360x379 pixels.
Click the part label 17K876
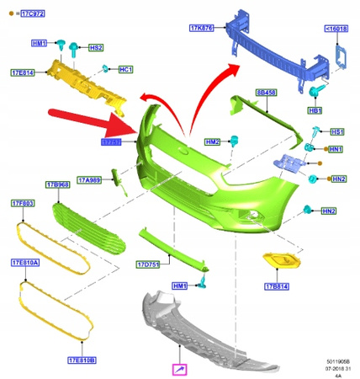pyautogui.click(x=204, y=29)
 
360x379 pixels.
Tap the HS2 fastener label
pyautogui.click(x=97, y=48)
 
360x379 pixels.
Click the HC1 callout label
pyautogui.click(x=126, y=69)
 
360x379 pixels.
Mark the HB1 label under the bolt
pyautogui.click(x=315, y=110)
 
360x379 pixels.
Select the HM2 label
pyautogui.click(x=211, y=141)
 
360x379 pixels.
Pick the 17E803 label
pyautogui.click(x=24, y=203)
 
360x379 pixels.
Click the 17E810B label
pyautogui.click(x=80, y=360)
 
